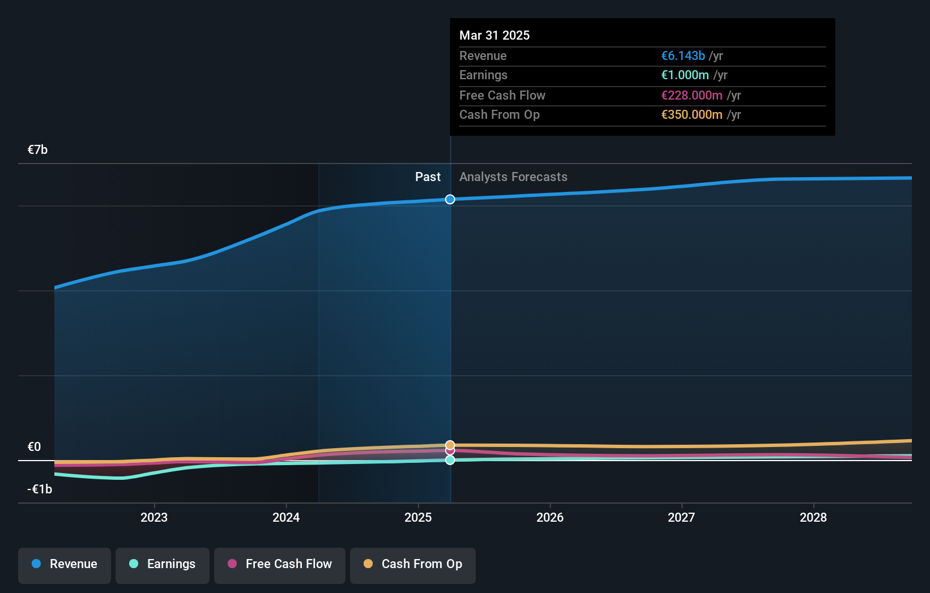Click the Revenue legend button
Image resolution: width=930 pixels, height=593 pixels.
click(65, 565)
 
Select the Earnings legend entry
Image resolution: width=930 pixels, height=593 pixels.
click(163, 565)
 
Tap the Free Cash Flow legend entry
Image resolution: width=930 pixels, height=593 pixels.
click(280, 565)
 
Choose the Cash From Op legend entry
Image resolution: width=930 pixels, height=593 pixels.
click(413, 565)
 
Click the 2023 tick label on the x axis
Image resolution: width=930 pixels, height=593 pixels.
click(154, 518)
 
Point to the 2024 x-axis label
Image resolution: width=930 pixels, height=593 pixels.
click(286, 518)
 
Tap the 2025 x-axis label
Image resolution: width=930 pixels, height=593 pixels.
click(418, 518)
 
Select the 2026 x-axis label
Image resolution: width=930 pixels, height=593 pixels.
click(550, 518)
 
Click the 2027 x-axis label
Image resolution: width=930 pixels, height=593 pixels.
click(681, 518)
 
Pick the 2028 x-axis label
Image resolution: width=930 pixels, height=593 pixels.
click(813, 518)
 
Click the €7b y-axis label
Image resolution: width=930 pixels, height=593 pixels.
click(38, 150)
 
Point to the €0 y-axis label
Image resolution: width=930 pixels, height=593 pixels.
click(35, 447)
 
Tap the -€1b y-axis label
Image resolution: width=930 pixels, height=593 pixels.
click(40, 489)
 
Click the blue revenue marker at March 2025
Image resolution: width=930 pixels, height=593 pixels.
click(450, 199)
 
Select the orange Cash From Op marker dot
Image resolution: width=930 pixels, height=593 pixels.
click(450, 445)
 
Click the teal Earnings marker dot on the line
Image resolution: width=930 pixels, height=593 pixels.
click(450, 461)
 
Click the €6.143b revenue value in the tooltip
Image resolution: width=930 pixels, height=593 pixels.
click(683, 56)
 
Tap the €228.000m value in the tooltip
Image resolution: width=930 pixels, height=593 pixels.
click(692, 96)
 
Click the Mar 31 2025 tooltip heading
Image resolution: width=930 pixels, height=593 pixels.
click(494, 36)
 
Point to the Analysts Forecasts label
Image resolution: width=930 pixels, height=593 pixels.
click(513, 177)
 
